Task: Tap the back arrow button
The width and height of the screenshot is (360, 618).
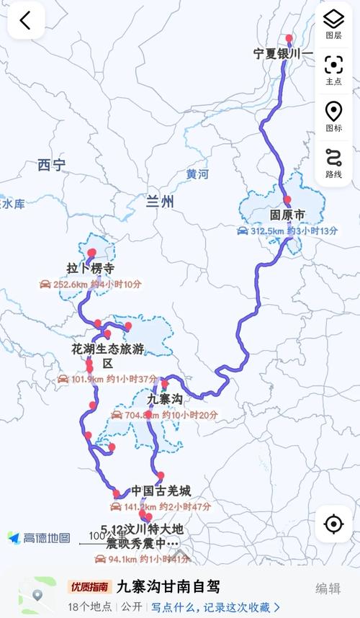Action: point(26,21)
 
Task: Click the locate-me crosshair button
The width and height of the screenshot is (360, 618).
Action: point(333,524)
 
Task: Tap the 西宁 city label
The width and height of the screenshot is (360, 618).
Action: point(52,166)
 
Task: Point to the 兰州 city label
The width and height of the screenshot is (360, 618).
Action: point(159,202)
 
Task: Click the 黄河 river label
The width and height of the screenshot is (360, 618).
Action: point(197,174)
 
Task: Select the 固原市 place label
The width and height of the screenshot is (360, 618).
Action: point(287,215)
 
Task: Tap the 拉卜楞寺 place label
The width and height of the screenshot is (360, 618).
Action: point(91,269)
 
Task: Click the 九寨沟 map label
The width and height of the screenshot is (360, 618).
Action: point(165,398)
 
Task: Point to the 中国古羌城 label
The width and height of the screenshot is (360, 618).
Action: point(161,491)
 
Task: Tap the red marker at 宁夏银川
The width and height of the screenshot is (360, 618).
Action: point(289,39)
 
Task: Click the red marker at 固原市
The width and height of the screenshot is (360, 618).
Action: point(287,200)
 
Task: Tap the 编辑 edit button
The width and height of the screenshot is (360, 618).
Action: point(328,588)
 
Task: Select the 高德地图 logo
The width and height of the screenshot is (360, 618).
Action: point(40,538)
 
